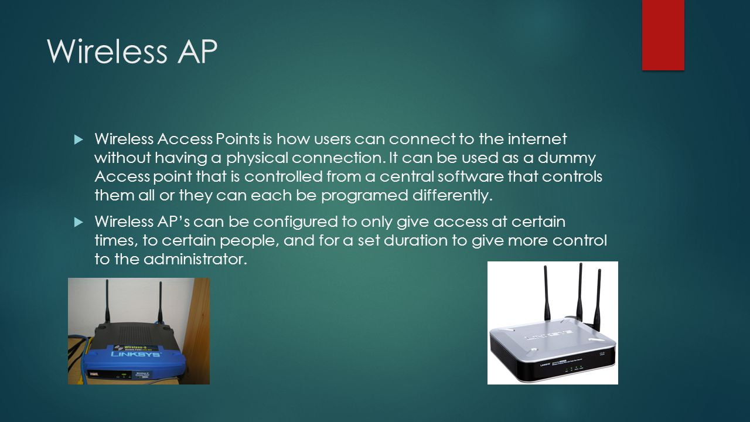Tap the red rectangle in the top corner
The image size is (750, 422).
click(663, 35)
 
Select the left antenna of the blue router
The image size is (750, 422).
click(107, 302)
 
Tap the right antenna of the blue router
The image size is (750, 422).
click(159, 302)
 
